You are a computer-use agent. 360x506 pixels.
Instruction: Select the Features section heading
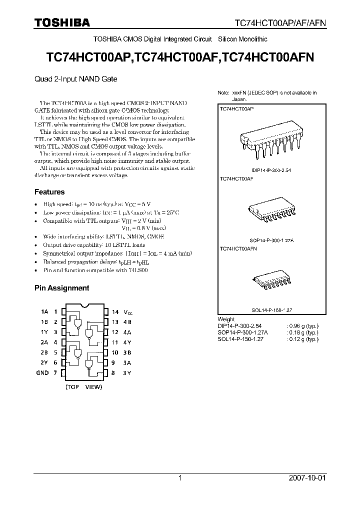pyautogui.click(x=49, y=192)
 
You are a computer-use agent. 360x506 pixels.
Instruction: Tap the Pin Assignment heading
pyautogui.click(x=61, y=288)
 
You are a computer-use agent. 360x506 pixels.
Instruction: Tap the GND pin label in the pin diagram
pyautogui.click(x=42, y=373)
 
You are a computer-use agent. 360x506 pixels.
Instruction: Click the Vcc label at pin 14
pyautogui.click(x=129, y=312)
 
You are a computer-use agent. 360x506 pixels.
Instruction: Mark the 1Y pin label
pyautogui.click(x=44, y=332)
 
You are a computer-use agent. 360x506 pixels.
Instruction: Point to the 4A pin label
pyautogui.click(x=128, y=332)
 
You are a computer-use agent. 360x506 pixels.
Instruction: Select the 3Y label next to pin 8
pyautogui.click(x=128, y=373)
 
